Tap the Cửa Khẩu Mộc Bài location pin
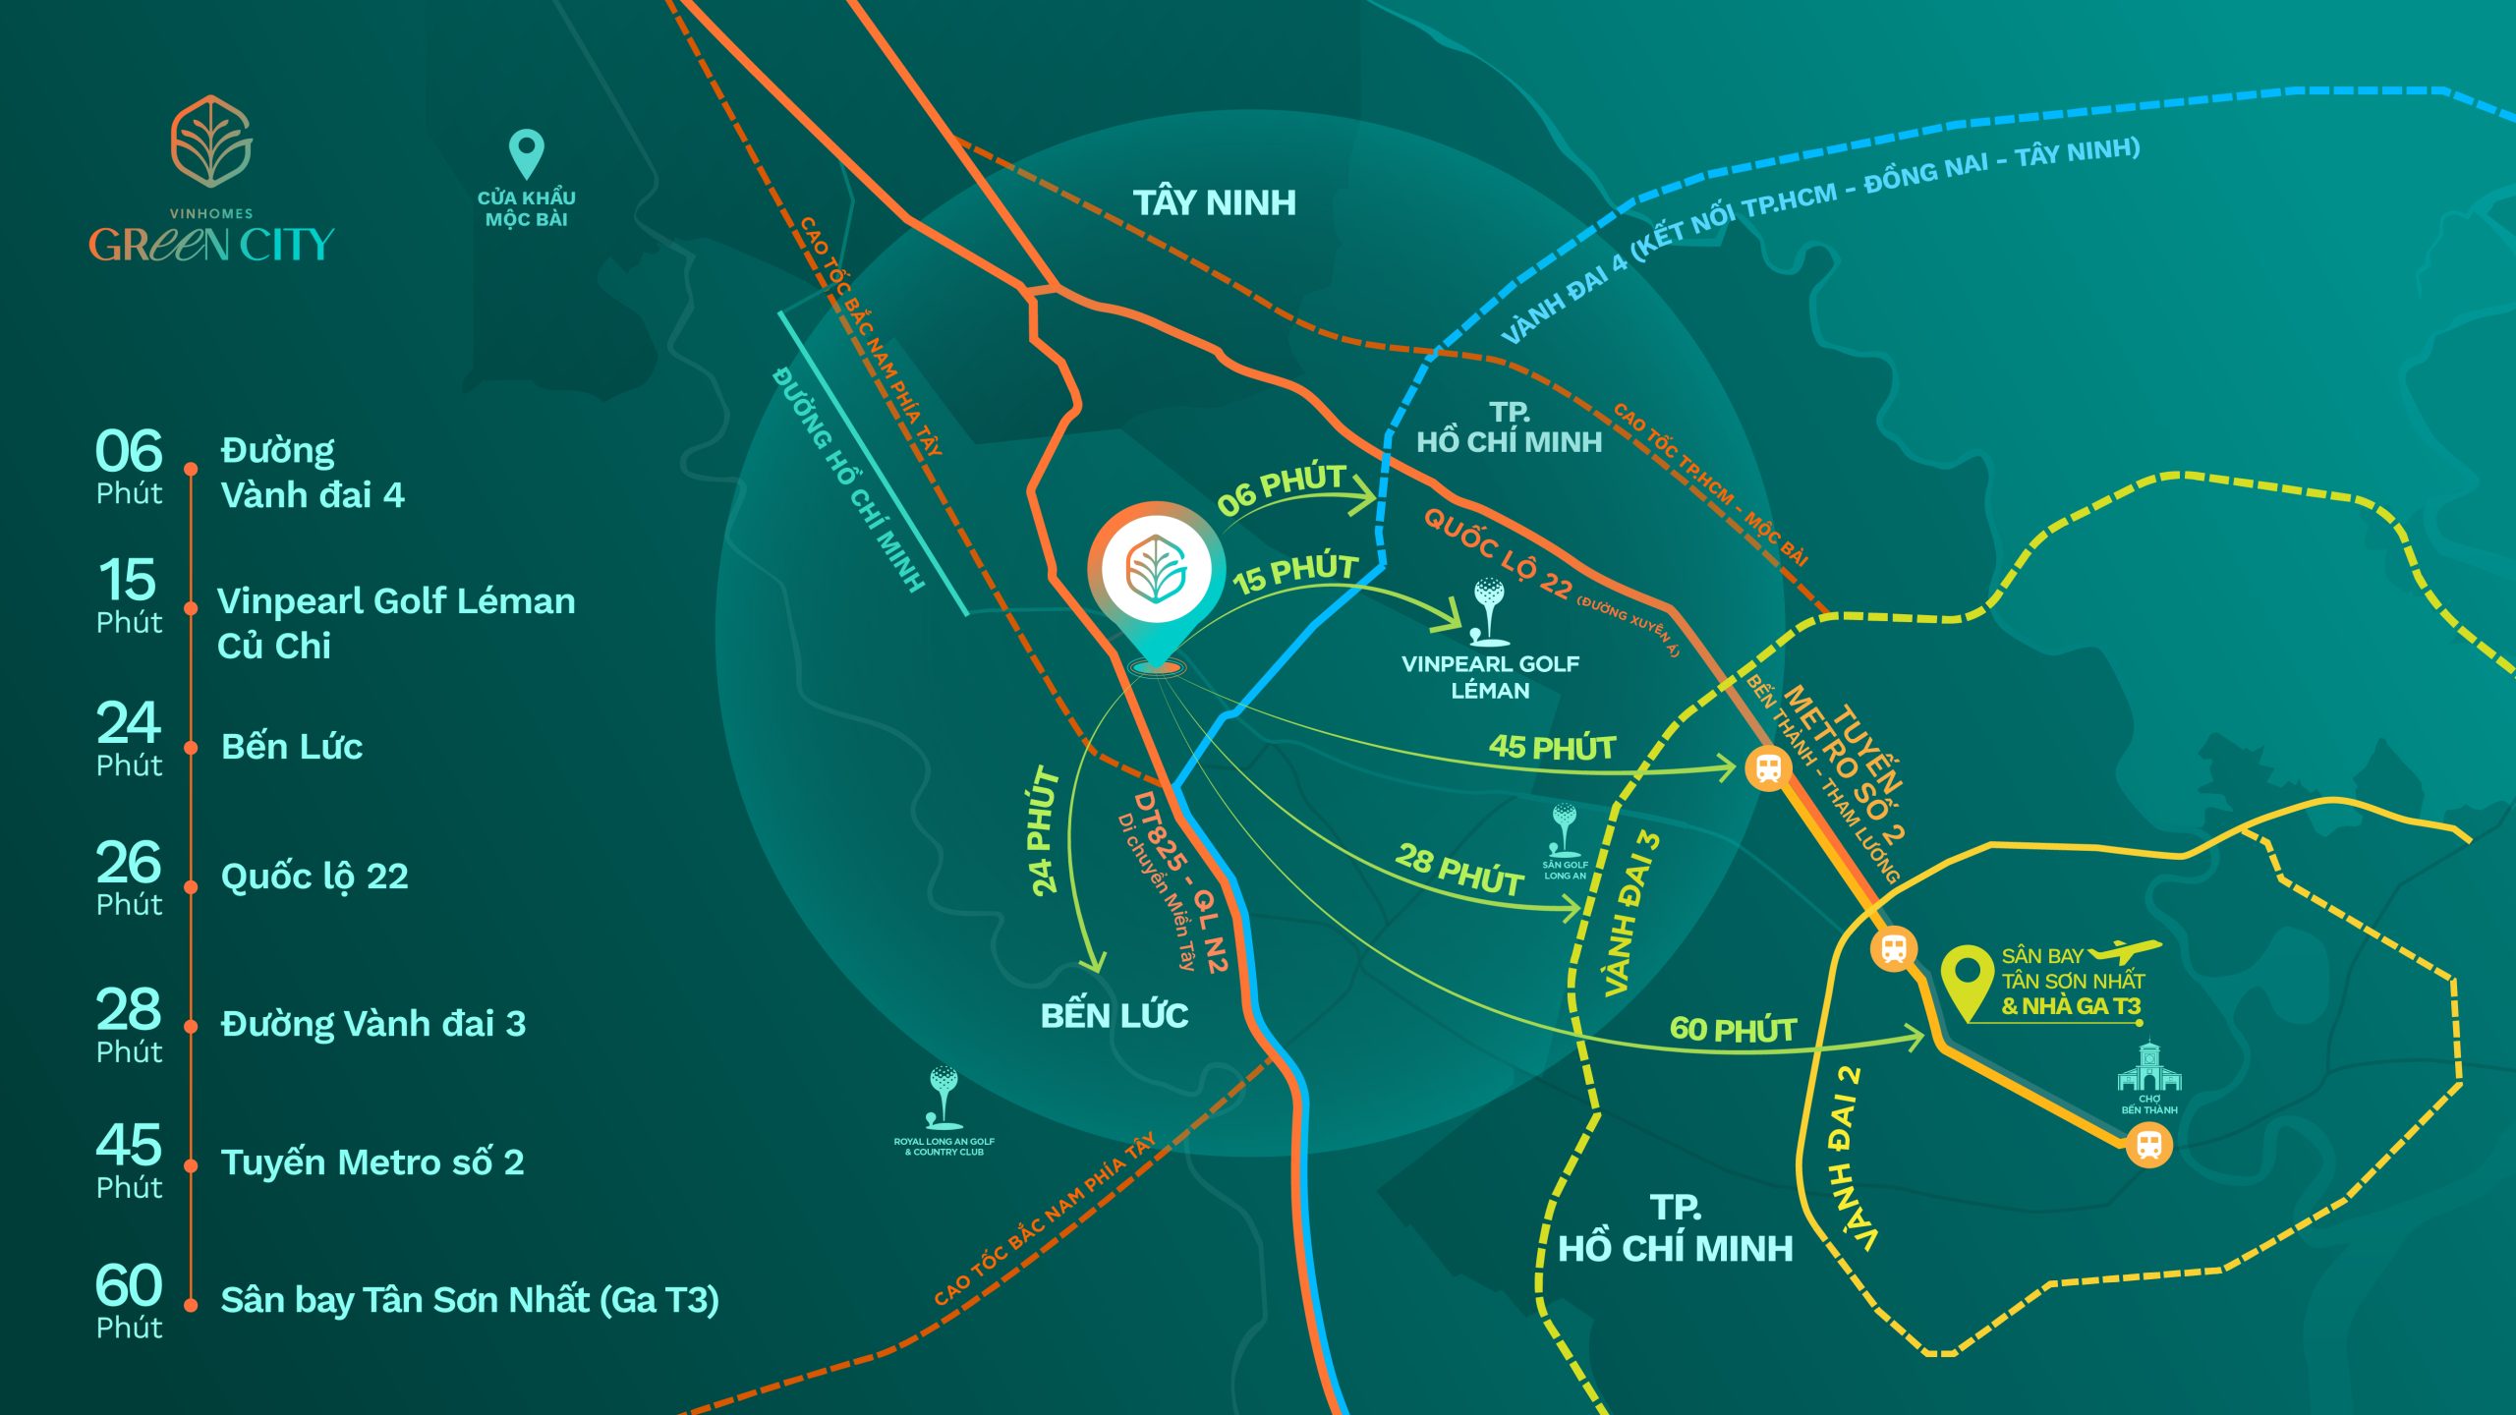click(527, 153)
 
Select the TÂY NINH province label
click(1214, 202)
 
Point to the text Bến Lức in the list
click(292, 747)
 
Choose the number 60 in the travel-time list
click(129, 1284)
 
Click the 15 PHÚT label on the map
click(1295, 573)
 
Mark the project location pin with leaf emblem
click(1156, 580)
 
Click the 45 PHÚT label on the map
click(1552, 748)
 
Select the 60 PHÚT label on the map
click(1733, 1030)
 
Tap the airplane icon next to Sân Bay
click(2125, 951)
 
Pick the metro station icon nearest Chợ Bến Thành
click(2148, 1145)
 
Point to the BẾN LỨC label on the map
click(1115, 1015)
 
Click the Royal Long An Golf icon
click(943, 1095)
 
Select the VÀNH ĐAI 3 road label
click(1631, 914)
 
